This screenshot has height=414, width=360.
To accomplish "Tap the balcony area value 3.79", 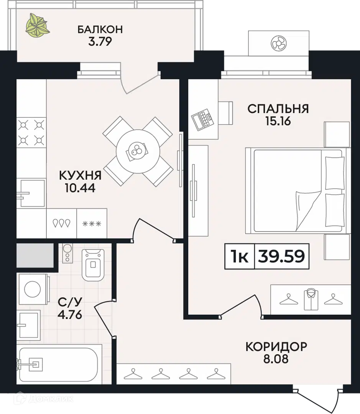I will (100, 41).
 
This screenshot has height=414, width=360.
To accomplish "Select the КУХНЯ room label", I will (80, 176).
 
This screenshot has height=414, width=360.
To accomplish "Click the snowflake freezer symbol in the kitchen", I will (92, 223).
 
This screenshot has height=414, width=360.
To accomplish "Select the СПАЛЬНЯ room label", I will (278, 108).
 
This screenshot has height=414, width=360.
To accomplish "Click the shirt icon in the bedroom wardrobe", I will (311, 299).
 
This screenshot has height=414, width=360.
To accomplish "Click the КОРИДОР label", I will (276, 347).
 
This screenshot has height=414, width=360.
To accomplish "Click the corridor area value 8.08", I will (276, 360).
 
